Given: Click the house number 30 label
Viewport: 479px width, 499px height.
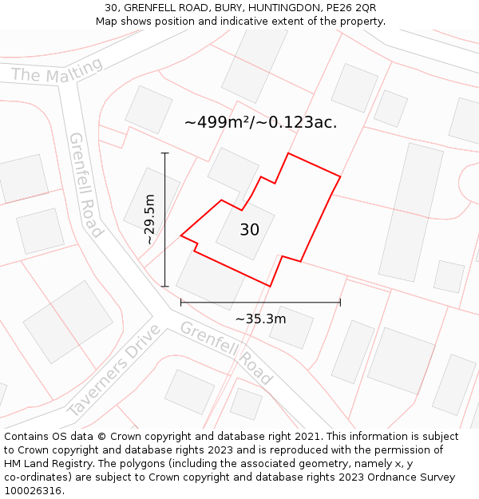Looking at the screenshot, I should (249, 230).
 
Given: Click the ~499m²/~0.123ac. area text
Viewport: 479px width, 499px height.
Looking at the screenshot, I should (260, 122).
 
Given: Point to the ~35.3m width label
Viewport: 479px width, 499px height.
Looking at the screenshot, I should (260, 319).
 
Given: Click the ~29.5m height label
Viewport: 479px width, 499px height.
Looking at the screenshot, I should (149, 219).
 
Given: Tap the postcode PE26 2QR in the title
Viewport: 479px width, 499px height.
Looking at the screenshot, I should (349, 8).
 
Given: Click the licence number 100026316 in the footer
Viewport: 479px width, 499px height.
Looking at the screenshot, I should (33, 491).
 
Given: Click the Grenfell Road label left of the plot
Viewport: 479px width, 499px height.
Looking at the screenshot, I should (87, 185).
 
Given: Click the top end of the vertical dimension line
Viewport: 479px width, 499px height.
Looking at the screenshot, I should (165, 152).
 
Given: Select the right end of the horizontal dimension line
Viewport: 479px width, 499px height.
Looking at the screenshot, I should (340, 303).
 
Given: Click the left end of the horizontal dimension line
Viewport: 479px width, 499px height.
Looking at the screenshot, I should (181, 303).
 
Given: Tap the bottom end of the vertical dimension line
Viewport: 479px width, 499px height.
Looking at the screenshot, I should (165, 286).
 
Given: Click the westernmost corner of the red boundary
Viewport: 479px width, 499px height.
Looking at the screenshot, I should (181, 236).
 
